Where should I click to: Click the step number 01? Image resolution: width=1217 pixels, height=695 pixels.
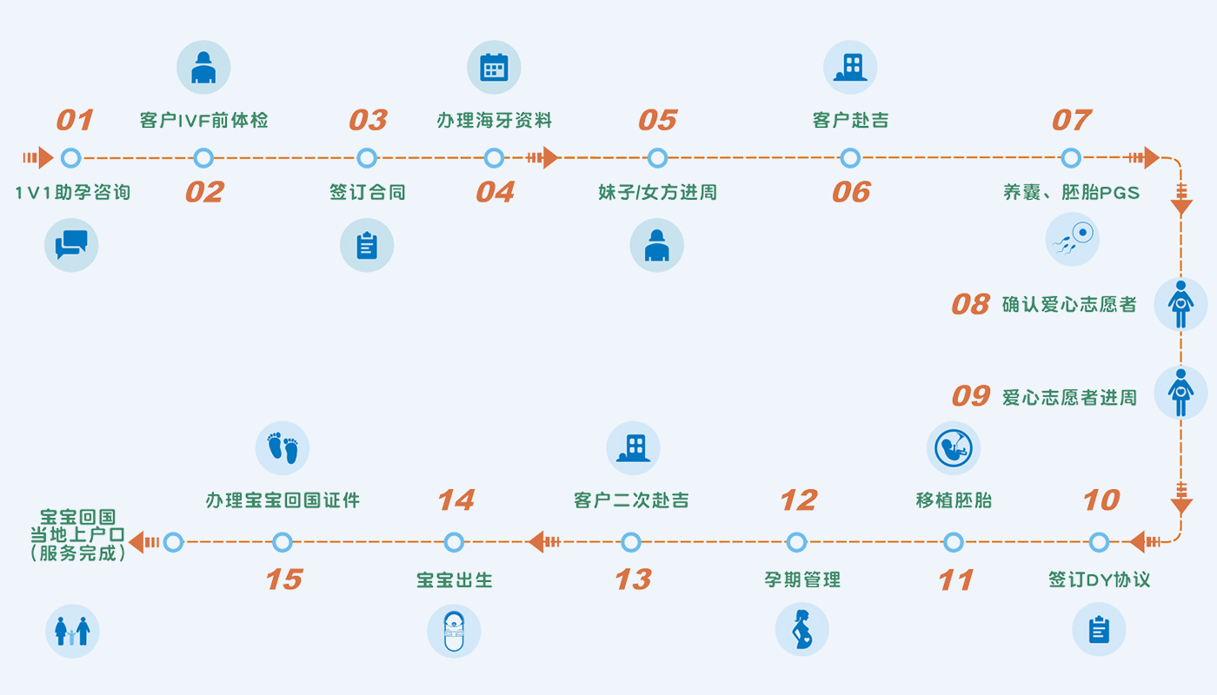tap(75, 120)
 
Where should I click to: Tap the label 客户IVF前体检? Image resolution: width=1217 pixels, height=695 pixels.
tap(203, 121)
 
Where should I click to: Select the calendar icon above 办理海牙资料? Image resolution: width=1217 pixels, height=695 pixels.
tap(494, 68)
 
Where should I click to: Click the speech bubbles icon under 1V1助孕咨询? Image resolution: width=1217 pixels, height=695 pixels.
tap(71, 244)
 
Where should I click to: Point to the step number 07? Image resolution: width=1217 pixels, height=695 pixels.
tap(1071, 120)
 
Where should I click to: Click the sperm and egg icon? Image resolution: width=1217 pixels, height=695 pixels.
tap(1072, 239)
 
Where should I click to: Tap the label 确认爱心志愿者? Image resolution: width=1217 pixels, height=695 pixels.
tap(1069, 304)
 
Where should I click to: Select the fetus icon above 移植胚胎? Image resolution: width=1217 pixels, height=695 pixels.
tap(953, 448)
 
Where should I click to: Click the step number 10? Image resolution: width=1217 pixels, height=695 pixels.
tap(1101, 500)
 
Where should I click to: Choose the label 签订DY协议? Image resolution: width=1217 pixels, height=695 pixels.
tap(1099, 579)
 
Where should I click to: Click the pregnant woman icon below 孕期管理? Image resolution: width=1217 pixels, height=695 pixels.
tap(801, 629)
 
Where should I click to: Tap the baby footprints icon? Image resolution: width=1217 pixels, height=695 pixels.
tap(283, 448)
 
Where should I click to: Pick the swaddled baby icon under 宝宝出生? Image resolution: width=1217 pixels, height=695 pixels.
tap(454, 631)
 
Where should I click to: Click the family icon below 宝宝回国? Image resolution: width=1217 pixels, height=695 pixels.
tap(72, 631)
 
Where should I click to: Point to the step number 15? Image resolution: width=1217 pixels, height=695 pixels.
tap(283, 579)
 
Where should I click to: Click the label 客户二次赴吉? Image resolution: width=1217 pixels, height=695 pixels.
tap(631, 500)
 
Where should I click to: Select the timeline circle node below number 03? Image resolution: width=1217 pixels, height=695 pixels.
tap(367, 158)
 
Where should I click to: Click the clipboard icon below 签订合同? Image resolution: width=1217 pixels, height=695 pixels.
tap(367, 245)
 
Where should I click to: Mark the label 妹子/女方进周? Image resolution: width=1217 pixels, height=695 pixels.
tap(657, 192)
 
